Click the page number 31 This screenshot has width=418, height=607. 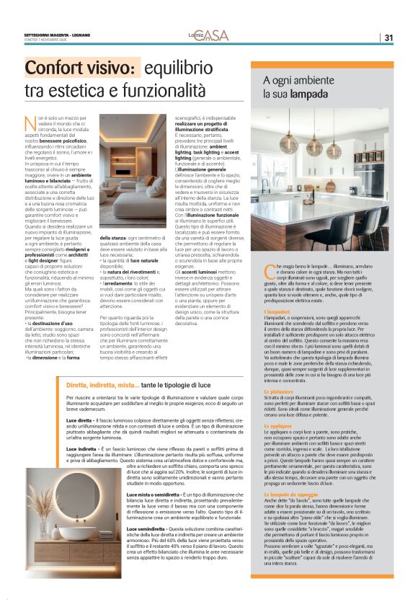(388, 38)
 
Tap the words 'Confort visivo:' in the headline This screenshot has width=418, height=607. (81, 69)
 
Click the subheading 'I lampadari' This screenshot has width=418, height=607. (278, 311)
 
